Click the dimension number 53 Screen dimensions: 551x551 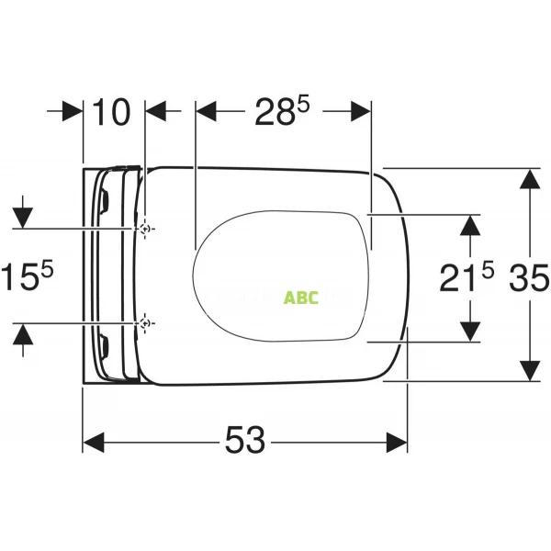245,440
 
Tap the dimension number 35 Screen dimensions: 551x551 529,277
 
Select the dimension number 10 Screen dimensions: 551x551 112,112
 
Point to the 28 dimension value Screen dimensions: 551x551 275,112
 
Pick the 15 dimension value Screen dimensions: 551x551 19,277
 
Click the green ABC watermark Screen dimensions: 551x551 301,298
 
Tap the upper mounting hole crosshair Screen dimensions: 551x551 144,229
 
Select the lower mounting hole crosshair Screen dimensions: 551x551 144,322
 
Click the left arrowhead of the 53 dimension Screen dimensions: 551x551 94,443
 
